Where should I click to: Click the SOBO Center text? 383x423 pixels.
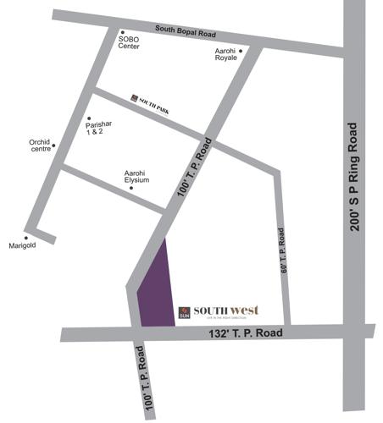pyautogui.click(x=129, y=43)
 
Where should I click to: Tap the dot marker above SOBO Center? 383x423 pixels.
pyautogui.click(x=122, y=32)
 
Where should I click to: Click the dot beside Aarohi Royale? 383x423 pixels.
pyautogui.click(x=241, y=51)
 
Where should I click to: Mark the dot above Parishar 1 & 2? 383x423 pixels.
pyautogui.click(x=88, y=118)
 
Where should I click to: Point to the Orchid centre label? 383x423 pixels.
pyautogui.click(x=40, y=146)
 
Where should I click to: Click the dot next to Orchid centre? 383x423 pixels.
pyautogui.click(x=54, y=145)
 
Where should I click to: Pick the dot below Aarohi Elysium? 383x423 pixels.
pyautogui.click(x=130, y=188)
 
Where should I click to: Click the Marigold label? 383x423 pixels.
pyautogui.click(x=23, y=246)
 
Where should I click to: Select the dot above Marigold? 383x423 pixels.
pyautogui.click(x=25, y=237)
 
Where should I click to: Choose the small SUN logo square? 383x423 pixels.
pyautogui.click(x=184, y=313)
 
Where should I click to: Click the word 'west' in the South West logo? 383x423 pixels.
pyautogui.click(x=243, y=310)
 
